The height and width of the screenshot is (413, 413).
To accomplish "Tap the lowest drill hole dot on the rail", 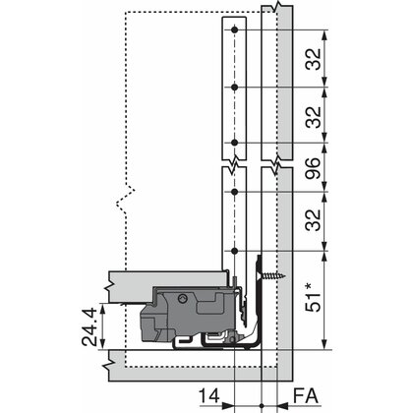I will click(237, 253).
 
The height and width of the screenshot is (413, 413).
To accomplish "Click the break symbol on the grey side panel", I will click(279, 157).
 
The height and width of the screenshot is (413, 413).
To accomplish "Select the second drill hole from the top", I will click(237, 87).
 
